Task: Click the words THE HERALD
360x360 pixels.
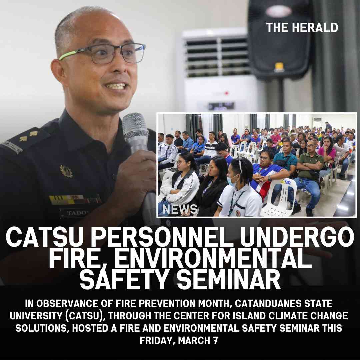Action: tap(302, 28)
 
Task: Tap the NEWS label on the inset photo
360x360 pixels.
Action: tap(180, 209)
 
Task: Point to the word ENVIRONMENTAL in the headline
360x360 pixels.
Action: tap(213, 258)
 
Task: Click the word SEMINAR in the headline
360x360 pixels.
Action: tap(229, 279)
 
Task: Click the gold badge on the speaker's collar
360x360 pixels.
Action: tap(66, 171)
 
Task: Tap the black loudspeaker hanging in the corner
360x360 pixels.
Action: tap(279, 39)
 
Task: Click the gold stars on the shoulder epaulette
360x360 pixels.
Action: tap(28, 136)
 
